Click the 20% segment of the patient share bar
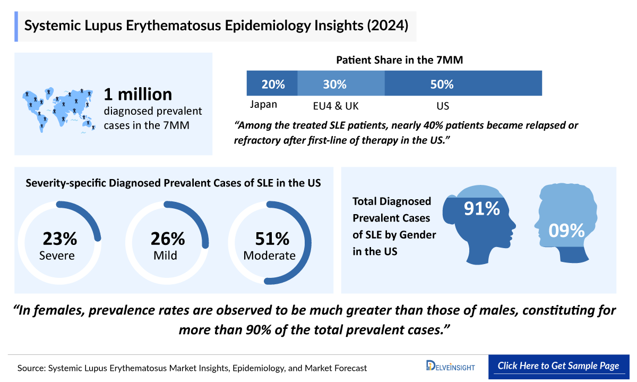pos(272,84)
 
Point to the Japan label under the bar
pos(263,104)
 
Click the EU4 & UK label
pos(337,106)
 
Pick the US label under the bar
pos(443,106)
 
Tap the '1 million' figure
pos(138,94)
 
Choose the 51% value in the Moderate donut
pos(270,239)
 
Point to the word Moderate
pos(269,256)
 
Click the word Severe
pos(57,256)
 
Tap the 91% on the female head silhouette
pos(481,209)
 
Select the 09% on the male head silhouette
pos(566,230)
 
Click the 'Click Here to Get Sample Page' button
pos(558,366)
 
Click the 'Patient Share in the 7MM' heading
pos(399,60)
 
